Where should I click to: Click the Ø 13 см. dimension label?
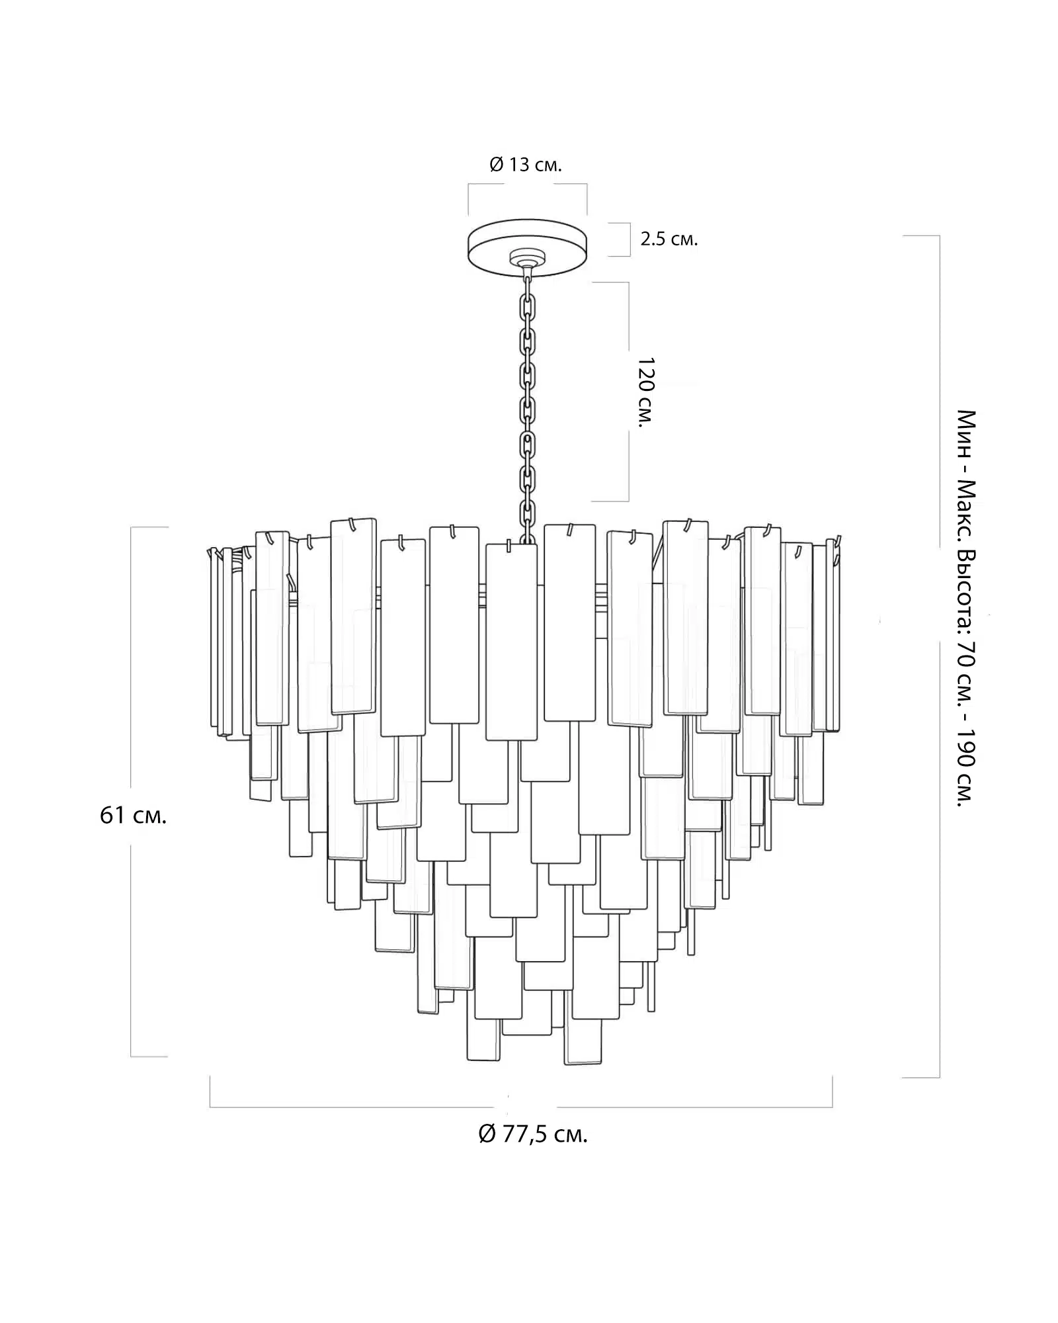coord(526,165)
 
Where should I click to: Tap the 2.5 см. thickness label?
coord(669,239)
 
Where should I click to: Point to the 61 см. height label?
coord(133,816)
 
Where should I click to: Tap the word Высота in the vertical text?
coord(966,583)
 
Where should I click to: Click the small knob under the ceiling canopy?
coord(527,261)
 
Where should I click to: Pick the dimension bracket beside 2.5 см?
coord(628,239)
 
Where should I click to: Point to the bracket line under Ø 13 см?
coord(527,185)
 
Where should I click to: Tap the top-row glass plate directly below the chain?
coord(510,642)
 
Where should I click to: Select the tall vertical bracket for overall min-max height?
coord(938,655)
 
